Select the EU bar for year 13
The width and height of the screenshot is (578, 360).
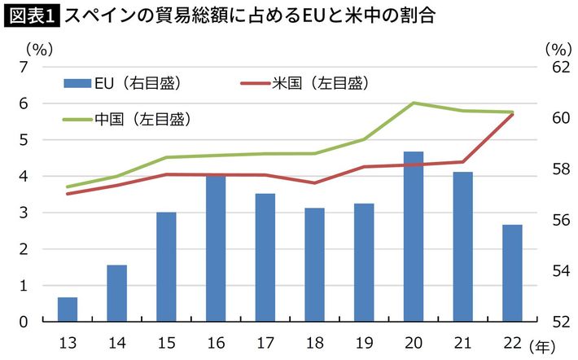tap(68, 309)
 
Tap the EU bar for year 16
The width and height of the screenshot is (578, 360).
tap(216, 248)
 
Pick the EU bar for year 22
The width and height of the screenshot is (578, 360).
tap(512, 272)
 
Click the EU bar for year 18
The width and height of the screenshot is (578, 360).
tap(314, 264)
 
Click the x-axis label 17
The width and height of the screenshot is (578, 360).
tap(265, 341)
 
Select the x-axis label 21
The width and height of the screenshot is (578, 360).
tap(462, 341)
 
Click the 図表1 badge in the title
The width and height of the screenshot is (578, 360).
tap(32, 15)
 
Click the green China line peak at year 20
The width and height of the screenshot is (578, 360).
tap(414, 103)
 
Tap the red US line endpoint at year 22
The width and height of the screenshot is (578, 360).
tap(512, 114)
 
